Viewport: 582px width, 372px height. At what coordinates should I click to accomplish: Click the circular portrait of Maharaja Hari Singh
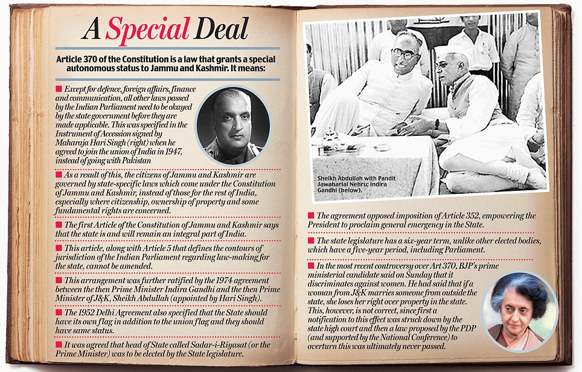pyautogui.click(x=233, y=125)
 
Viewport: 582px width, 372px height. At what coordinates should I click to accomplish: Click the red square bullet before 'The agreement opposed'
pyautogui.click(x=310, y=216)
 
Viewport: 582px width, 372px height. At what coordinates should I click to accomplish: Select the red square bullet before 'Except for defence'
pyautogui.click(x=59, y=89)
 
